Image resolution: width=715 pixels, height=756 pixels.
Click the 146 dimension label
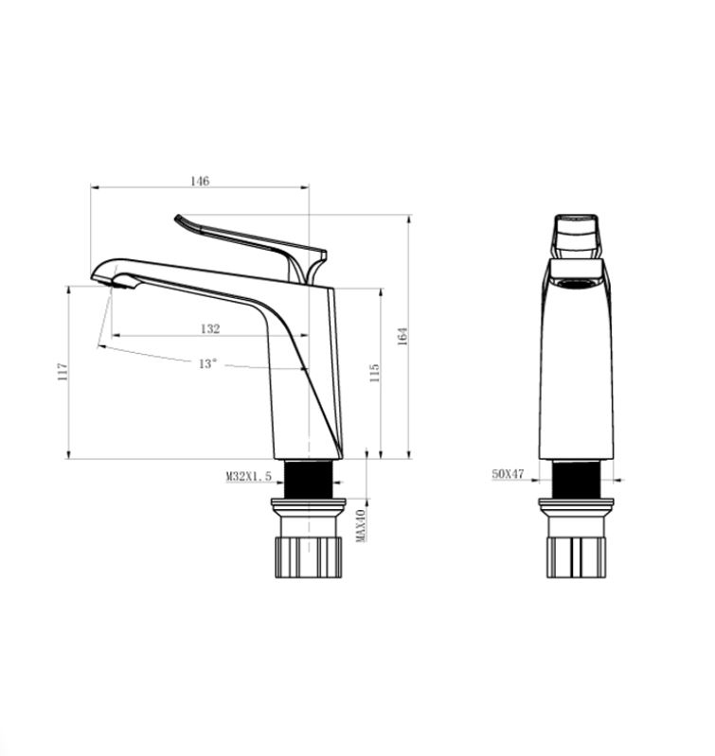tap(200, 181)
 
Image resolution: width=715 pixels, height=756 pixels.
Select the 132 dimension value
tap(210, 328)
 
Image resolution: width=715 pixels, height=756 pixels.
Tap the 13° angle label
tap(208, 363)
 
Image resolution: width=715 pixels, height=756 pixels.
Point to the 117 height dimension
tap(63, 372)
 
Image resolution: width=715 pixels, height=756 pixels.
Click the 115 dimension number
tap(374, 373)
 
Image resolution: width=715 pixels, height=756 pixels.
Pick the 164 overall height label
tap(402, 336)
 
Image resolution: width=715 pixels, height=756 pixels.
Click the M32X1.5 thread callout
tap(249, 476)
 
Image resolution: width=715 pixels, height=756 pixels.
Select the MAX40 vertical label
tap(361, 525)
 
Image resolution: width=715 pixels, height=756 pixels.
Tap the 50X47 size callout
tap(508, 474)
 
